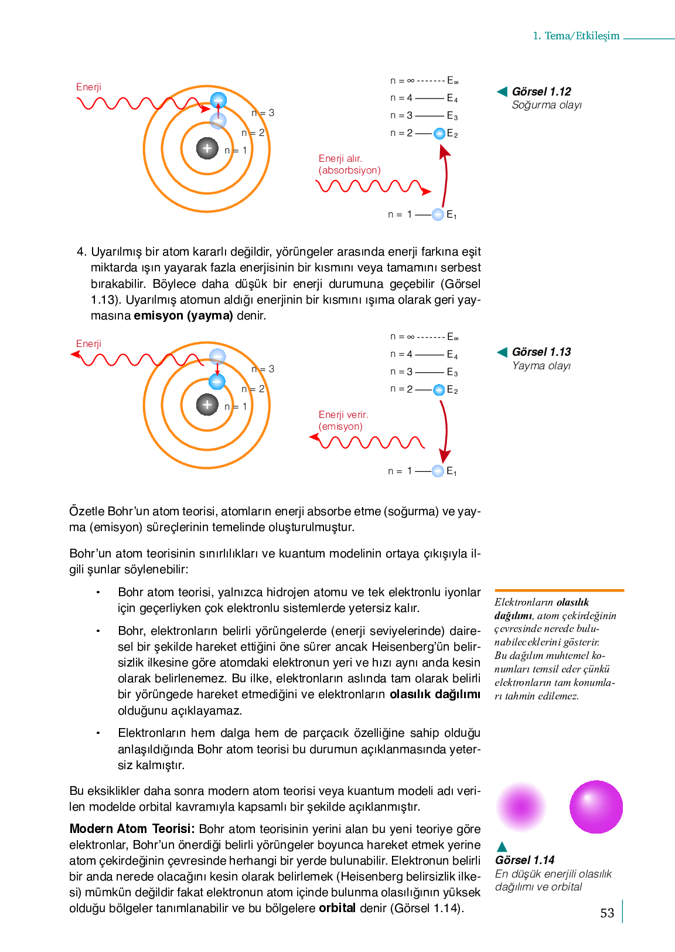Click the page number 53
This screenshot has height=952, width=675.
(x=607, y=913)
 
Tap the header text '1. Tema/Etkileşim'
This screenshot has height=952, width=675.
(x=576, y=36)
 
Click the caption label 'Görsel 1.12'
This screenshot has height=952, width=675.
(x=541, y=91)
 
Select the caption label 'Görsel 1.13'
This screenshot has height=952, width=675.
(x=541, y=352)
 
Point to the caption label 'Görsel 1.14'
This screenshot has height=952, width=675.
(x=525, y=860)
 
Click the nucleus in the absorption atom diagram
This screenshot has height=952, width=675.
(x=207, y=148)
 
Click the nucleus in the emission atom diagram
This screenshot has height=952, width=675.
(x=207, y=404)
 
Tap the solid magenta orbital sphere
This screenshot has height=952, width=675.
(x=596, y=807)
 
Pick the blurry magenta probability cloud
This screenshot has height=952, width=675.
(x=521, y=807)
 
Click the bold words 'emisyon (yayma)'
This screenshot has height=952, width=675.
(x=183, y=315)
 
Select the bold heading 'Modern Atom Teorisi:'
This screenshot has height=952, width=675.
(x=132, y=829)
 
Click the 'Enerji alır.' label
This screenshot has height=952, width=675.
(x=340, y=158)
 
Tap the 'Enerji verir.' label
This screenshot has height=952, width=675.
(x=343, y=414)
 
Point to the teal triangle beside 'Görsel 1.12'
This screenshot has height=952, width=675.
(x=502, y=91)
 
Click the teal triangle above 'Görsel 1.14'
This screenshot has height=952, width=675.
(x=502, y=846)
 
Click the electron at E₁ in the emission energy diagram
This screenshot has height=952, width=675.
(x=438, y=471)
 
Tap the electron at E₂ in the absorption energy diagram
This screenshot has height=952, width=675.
(x=439, y=134)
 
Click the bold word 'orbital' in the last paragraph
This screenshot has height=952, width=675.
(x=337, y=908)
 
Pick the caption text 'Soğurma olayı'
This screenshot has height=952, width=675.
(x=547, y=105)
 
